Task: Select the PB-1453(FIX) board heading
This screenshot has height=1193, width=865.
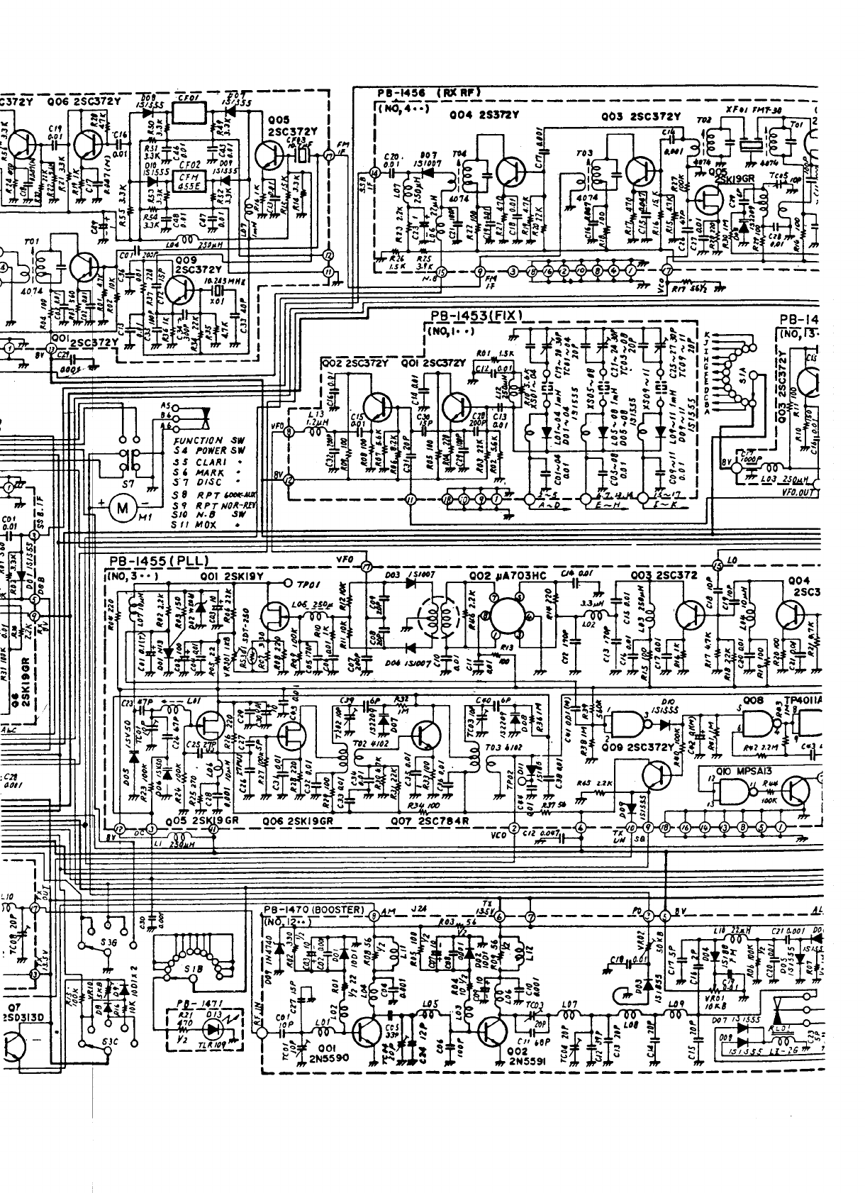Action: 476,315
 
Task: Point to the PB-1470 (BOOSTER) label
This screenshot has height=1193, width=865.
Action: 313,909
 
